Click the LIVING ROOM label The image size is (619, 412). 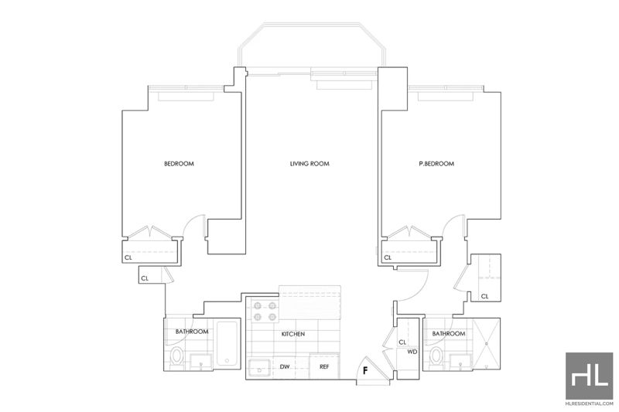309,164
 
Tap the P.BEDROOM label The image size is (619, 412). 436,164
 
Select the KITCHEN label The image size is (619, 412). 293,334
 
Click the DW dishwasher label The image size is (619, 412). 285,366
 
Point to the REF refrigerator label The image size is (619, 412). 324,366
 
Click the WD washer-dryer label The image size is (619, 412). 412,352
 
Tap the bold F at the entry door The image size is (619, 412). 365,370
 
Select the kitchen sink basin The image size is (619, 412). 259,368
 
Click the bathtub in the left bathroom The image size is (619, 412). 227,344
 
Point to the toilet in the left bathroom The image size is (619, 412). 176,358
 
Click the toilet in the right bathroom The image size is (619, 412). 436,358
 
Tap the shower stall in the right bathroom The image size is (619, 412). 487,344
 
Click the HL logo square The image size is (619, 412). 589,376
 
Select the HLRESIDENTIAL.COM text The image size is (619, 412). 589,403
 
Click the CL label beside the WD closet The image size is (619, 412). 402,342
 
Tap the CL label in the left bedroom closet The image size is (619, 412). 128,258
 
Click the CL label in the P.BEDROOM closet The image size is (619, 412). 388,258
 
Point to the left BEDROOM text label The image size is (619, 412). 180,164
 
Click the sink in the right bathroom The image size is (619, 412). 460,362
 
